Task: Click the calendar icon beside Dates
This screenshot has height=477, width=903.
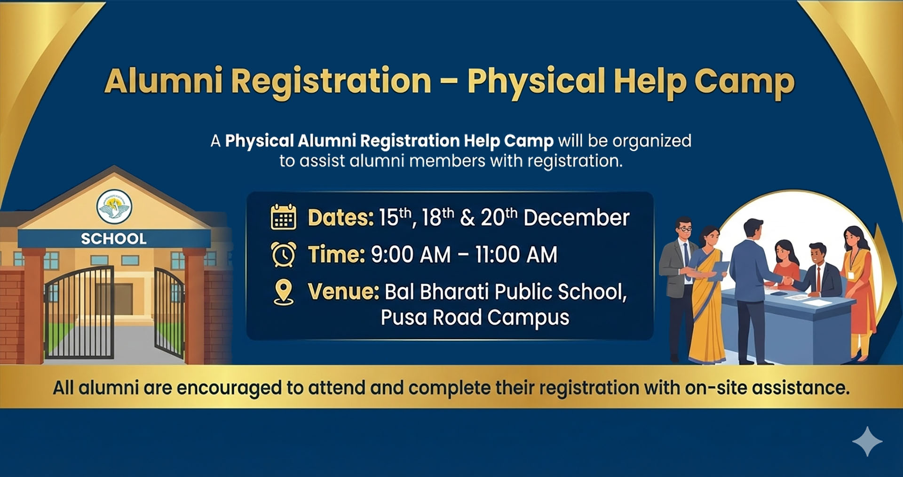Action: click(283, 217)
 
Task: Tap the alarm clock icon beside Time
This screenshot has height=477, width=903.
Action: click(284, 254)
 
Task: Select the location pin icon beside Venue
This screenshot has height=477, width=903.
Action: click(283, 292)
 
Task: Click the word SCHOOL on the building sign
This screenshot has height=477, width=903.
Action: click(114, 238)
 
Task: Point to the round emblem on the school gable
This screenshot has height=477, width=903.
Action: click(114, 207)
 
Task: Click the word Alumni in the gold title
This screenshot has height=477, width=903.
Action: click(164, 81)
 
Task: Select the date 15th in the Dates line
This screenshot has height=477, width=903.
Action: click(395, 217)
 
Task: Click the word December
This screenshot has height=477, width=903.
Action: click(576, 218)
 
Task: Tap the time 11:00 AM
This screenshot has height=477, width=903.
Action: click(516, 254)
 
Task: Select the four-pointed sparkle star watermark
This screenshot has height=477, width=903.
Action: click(867, 442)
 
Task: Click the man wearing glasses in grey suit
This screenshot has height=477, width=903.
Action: click(680, 288)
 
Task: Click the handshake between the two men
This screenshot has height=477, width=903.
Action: click(786, 281)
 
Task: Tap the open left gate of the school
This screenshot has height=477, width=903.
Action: click(79, 312)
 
